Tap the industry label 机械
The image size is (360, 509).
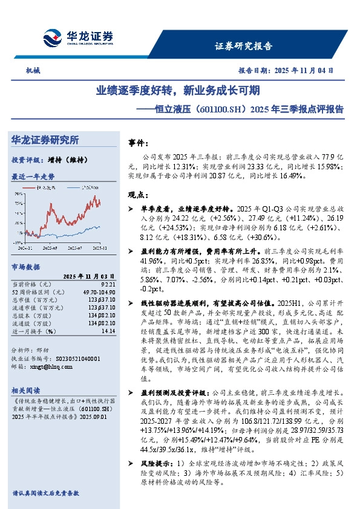click(33, 70)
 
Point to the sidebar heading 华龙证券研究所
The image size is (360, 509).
click(45, 140)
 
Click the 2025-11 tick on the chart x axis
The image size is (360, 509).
click(100, 248)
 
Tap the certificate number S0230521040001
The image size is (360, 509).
click(73, 358)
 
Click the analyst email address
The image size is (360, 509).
click(55, 366)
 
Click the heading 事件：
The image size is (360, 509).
click(139, 144)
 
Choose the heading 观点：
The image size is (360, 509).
click(139, 195)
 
